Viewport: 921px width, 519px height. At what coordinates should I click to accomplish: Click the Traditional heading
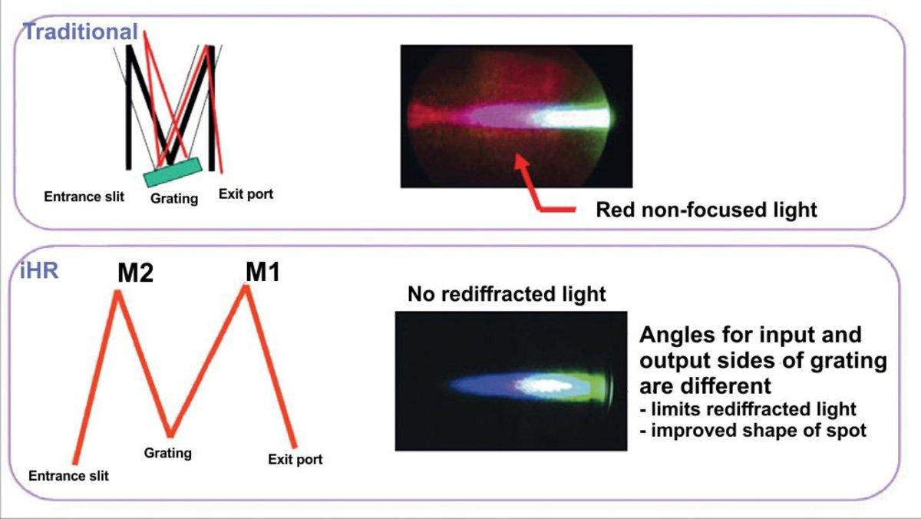tap(80, 32)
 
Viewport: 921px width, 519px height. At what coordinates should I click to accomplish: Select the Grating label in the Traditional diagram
tap(174, 199)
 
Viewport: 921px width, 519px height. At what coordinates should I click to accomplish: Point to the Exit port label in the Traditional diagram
tap(246, 193)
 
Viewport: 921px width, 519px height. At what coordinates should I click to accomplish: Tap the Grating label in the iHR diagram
tap(167, 452)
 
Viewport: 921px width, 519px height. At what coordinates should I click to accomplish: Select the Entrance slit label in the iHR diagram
tap(68, 476)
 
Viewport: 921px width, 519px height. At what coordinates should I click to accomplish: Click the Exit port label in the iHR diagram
tap(295, 460)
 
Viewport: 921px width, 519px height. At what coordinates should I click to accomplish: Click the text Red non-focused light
tap(706, 210)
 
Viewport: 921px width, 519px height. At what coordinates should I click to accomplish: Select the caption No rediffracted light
tap(507, 294)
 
